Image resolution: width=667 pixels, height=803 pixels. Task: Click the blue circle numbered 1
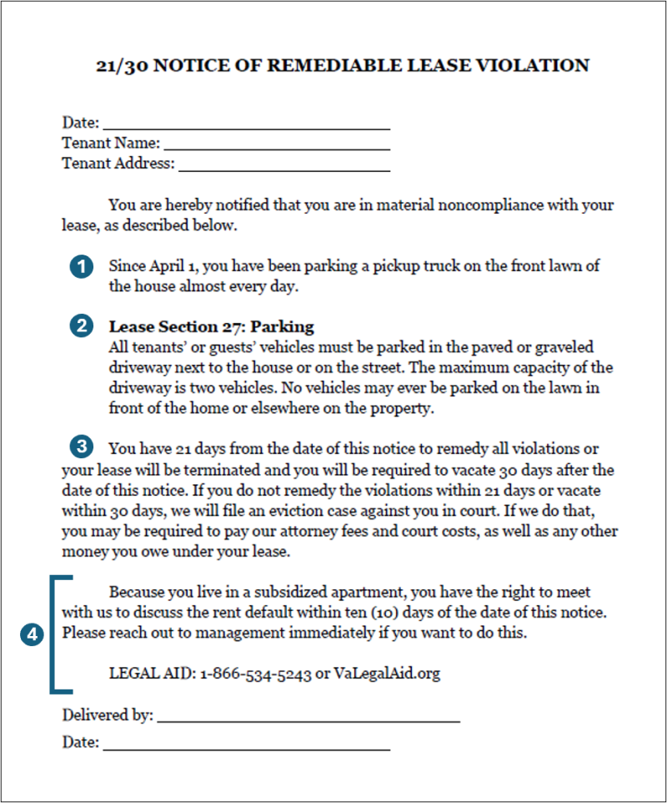coord(80,267)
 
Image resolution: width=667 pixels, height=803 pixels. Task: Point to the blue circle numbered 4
coord(32,634)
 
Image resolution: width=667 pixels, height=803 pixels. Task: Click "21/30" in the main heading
coord(123,65)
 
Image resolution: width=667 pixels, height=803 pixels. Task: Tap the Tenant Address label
coord(118,164)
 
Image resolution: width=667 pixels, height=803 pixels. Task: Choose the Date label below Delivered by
coord(80,742)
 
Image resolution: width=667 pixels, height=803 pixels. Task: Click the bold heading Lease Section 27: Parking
coord(211,326)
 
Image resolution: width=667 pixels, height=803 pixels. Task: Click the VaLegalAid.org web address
coord(386,674)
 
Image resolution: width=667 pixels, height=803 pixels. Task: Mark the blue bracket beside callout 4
coord(54,634)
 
